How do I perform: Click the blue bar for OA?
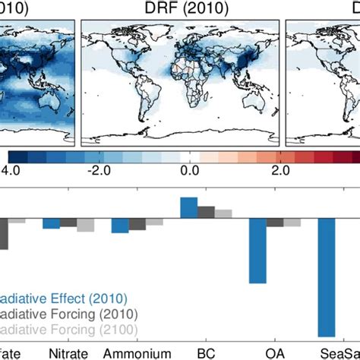257,250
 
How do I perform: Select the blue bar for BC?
188,207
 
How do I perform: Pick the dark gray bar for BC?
206,212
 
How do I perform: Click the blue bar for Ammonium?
120,225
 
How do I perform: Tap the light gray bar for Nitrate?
86,225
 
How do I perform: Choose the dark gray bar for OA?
275,222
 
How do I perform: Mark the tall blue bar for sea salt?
327,276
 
